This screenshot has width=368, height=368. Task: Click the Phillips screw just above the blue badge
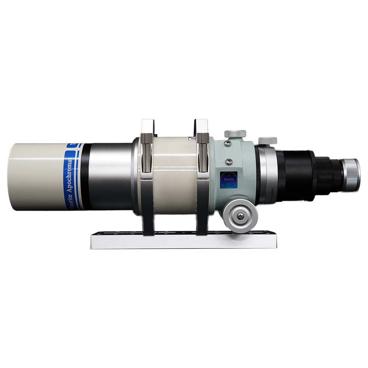point(229,161)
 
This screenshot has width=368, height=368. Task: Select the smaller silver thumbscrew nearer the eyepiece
point(267,141)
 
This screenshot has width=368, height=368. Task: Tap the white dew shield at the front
point(37,177)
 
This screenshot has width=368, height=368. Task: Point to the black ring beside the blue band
point(85,177)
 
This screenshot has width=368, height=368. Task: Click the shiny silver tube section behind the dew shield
point(111,177)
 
